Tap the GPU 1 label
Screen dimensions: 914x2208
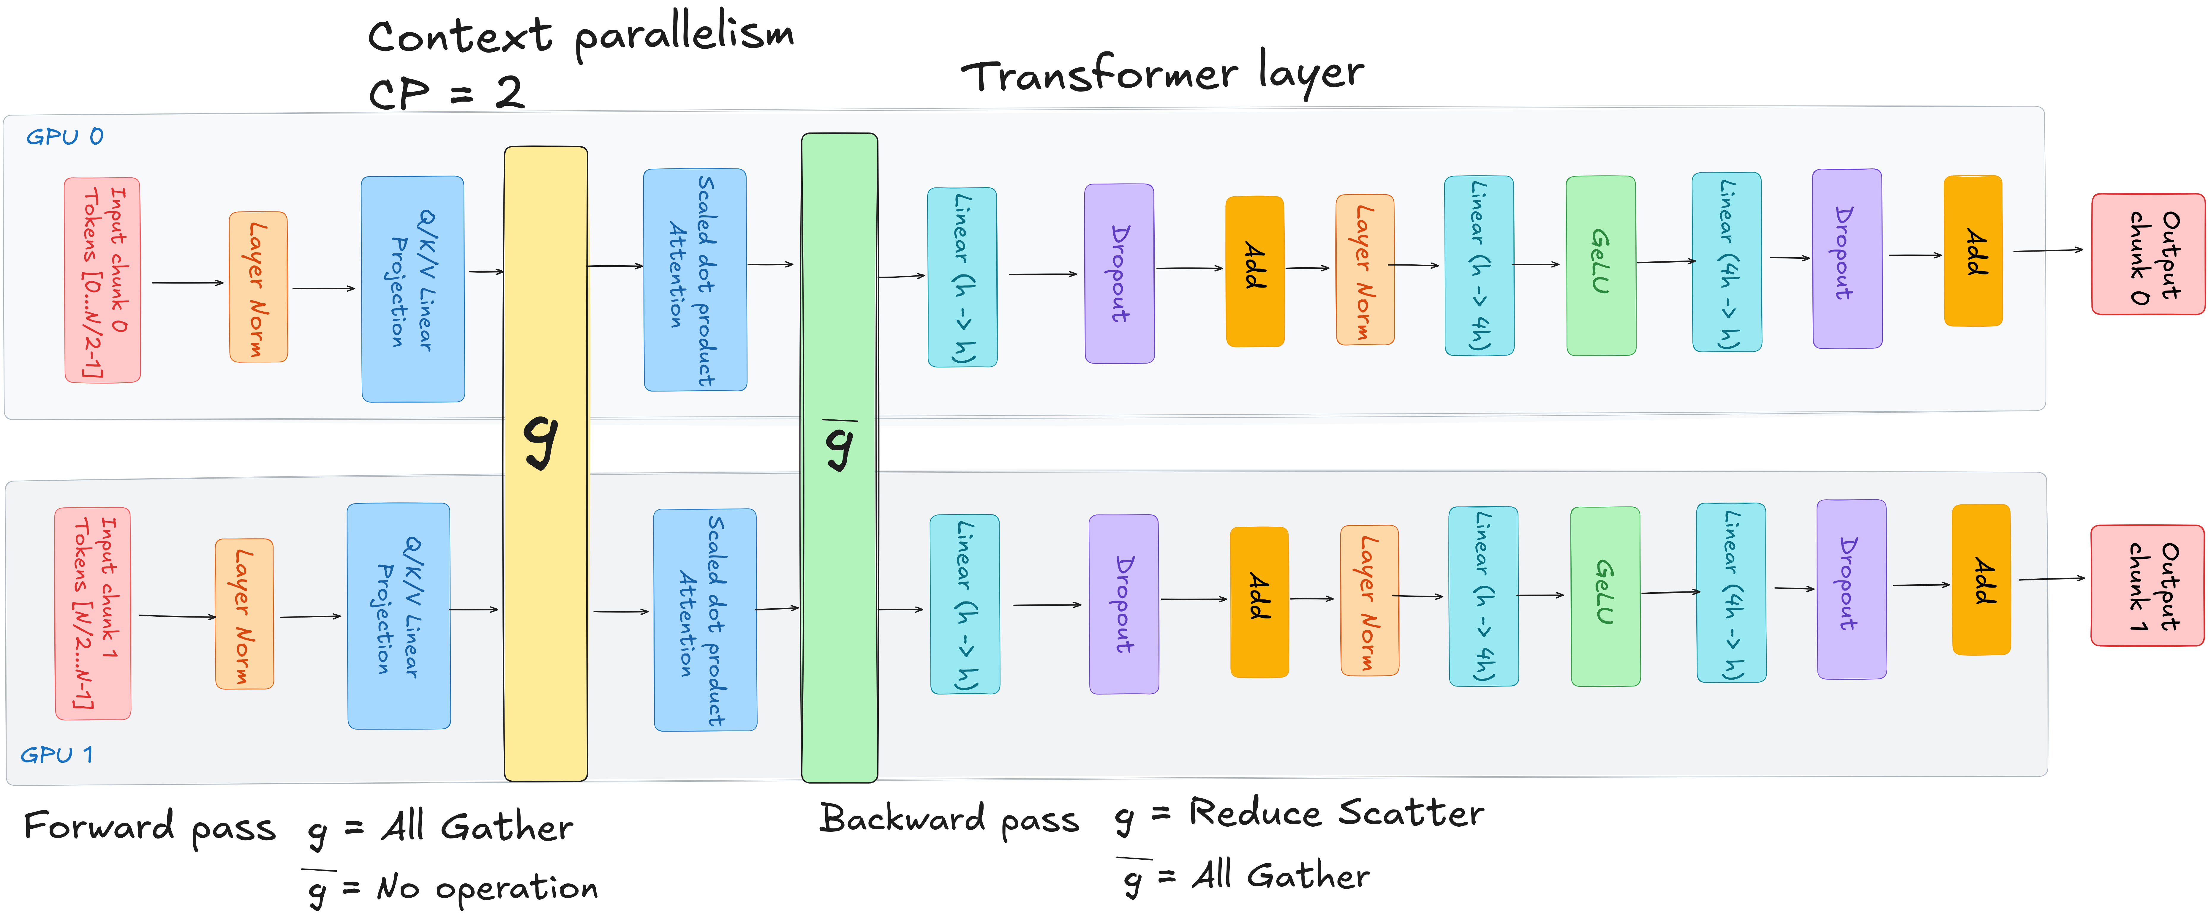56,754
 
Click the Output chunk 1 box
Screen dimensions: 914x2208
2147,585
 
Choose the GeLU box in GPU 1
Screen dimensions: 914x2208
1605,596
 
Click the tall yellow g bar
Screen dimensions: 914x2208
545,463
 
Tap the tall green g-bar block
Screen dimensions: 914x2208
839,457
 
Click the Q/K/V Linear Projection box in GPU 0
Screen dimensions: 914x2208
412,289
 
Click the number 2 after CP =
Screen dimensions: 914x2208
509,92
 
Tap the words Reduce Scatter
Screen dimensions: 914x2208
1335,812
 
